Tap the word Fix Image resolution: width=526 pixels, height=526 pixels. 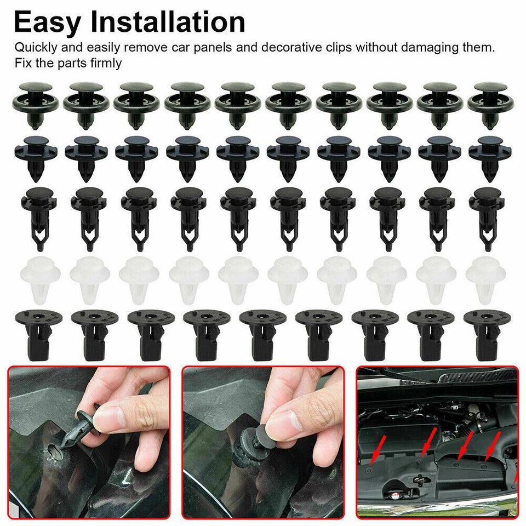22,63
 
